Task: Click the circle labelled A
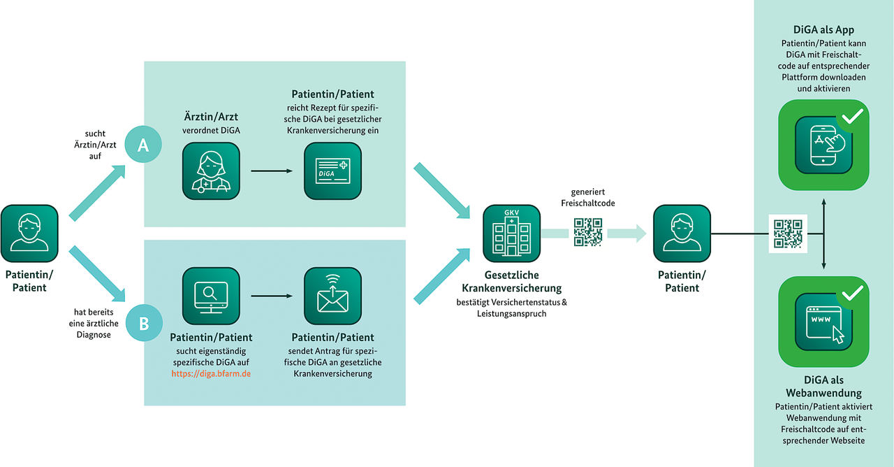(143, 145)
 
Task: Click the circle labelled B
(143, 323)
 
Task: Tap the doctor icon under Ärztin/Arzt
(211, 171)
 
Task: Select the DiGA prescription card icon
(333, 171)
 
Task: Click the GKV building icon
(511, 233)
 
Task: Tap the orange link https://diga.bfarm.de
(211, 373)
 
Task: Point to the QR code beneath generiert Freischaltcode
(588, 232)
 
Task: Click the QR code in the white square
(788, 233)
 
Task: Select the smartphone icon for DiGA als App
(823, 145)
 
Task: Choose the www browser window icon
(823, 322)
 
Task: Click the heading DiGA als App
(824, 30)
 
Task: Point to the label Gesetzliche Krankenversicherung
(511, 282)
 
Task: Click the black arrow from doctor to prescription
(272, 171)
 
